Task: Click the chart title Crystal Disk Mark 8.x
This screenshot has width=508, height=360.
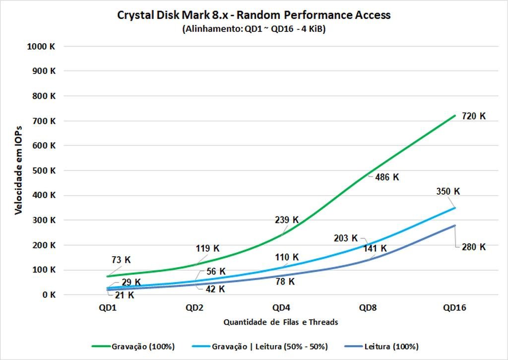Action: coord(254,15)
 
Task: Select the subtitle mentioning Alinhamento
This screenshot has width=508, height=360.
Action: coord(254,29)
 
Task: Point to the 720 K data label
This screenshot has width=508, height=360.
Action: coord(473,116)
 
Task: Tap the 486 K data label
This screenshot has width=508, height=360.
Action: coord(386,177)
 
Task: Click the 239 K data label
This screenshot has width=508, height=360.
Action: coord(286,219)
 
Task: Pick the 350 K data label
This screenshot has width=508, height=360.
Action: coord(448,191)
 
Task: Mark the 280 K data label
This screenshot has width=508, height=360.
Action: coord(473,247)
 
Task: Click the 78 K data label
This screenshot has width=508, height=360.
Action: coord(284,282)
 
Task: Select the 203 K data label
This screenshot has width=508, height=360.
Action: coord(346,238)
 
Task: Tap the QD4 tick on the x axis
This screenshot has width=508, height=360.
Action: coord(281,308)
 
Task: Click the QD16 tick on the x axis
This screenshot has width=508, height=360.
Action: coord(454,308)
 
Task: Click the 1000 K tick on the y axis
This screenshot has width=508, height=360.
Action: coord(43,46)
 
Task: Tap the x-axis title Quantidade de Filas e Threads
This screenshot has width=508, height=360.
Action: coord(281,322)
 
